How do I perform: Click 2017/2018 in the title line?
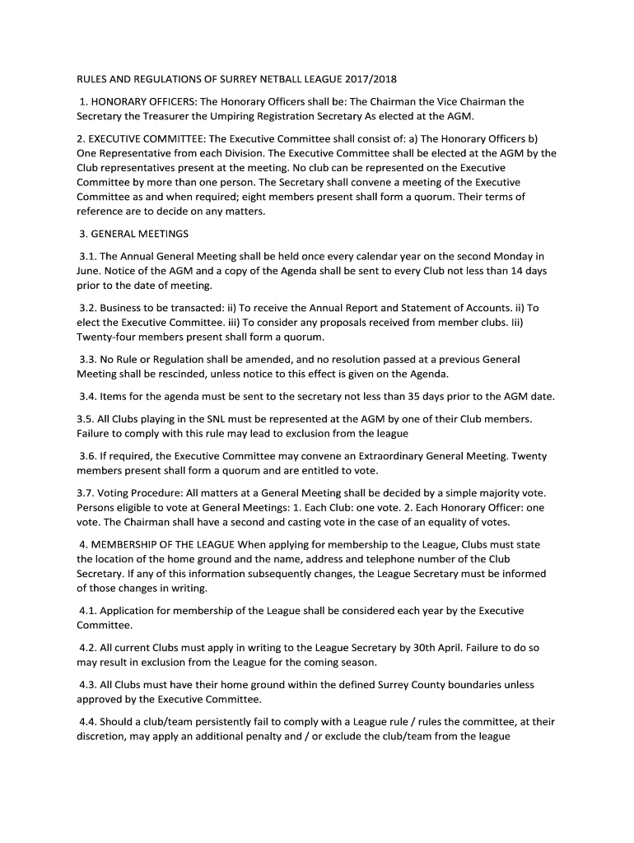click(x=365, y=79)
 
